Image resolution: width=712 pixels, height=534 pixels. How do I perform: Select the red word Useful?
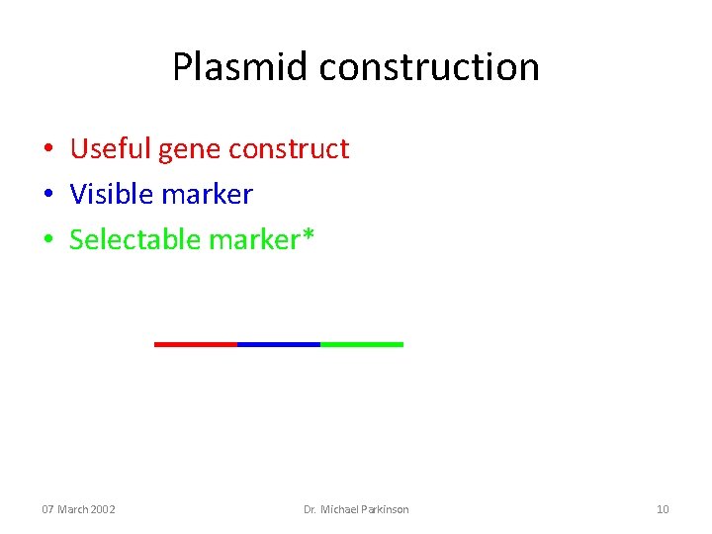pyautogui.click(x=111, y=148)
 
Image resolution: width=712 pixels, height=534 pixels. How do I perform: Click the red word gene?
pyautogui.click(x=190, y=150)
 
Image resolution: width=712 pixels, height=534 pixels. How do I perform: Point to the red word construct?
pyautogui.click(x=289, y=148)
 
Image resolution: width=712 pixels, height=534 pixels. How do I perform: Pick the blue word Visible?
pyautogui.click(x=109, y=194)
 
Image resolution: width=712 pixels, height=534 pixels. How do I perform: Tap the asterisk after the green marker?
pyautogui.click(x=310, y=235)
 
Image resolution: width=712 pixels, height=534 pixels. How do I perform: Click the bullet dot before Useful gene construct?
pyautogui.click(x=47, y=150)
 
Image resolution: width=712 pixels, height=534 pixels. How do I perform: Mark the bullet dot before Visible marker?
pyautogui.click(x=47, y=196)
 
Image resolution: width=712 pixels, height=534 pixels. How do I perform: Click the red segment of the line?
pyautogui.click(x=196, y=344)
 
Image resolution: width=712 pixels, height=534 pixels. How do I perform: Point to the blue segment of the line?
pyautogui.click(x=279, y=344)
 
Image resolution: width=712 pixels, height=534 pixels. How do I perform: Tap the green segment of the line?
pyautogui.click(x=362, y=344)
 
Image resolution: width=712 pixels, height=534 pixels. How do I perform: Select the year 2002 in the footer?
pyautogui.click(x=103, y=509)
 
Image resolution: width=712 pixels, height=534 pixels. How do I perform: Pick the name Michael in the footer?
pyautogui.click(x=340, y=509)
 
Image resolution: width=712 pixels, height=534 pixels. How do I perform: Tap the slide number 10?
pyautogui.click(x=663, y=509)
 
